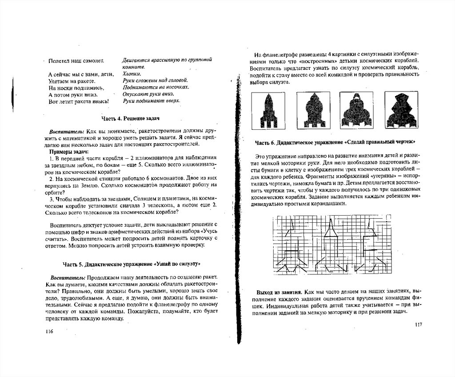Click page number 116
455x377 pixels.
(x=49, y=332)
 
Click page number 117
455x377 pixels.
(x=418, y=325)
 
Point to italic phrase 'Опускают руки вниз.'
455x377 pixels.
(x=148, y=94)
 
